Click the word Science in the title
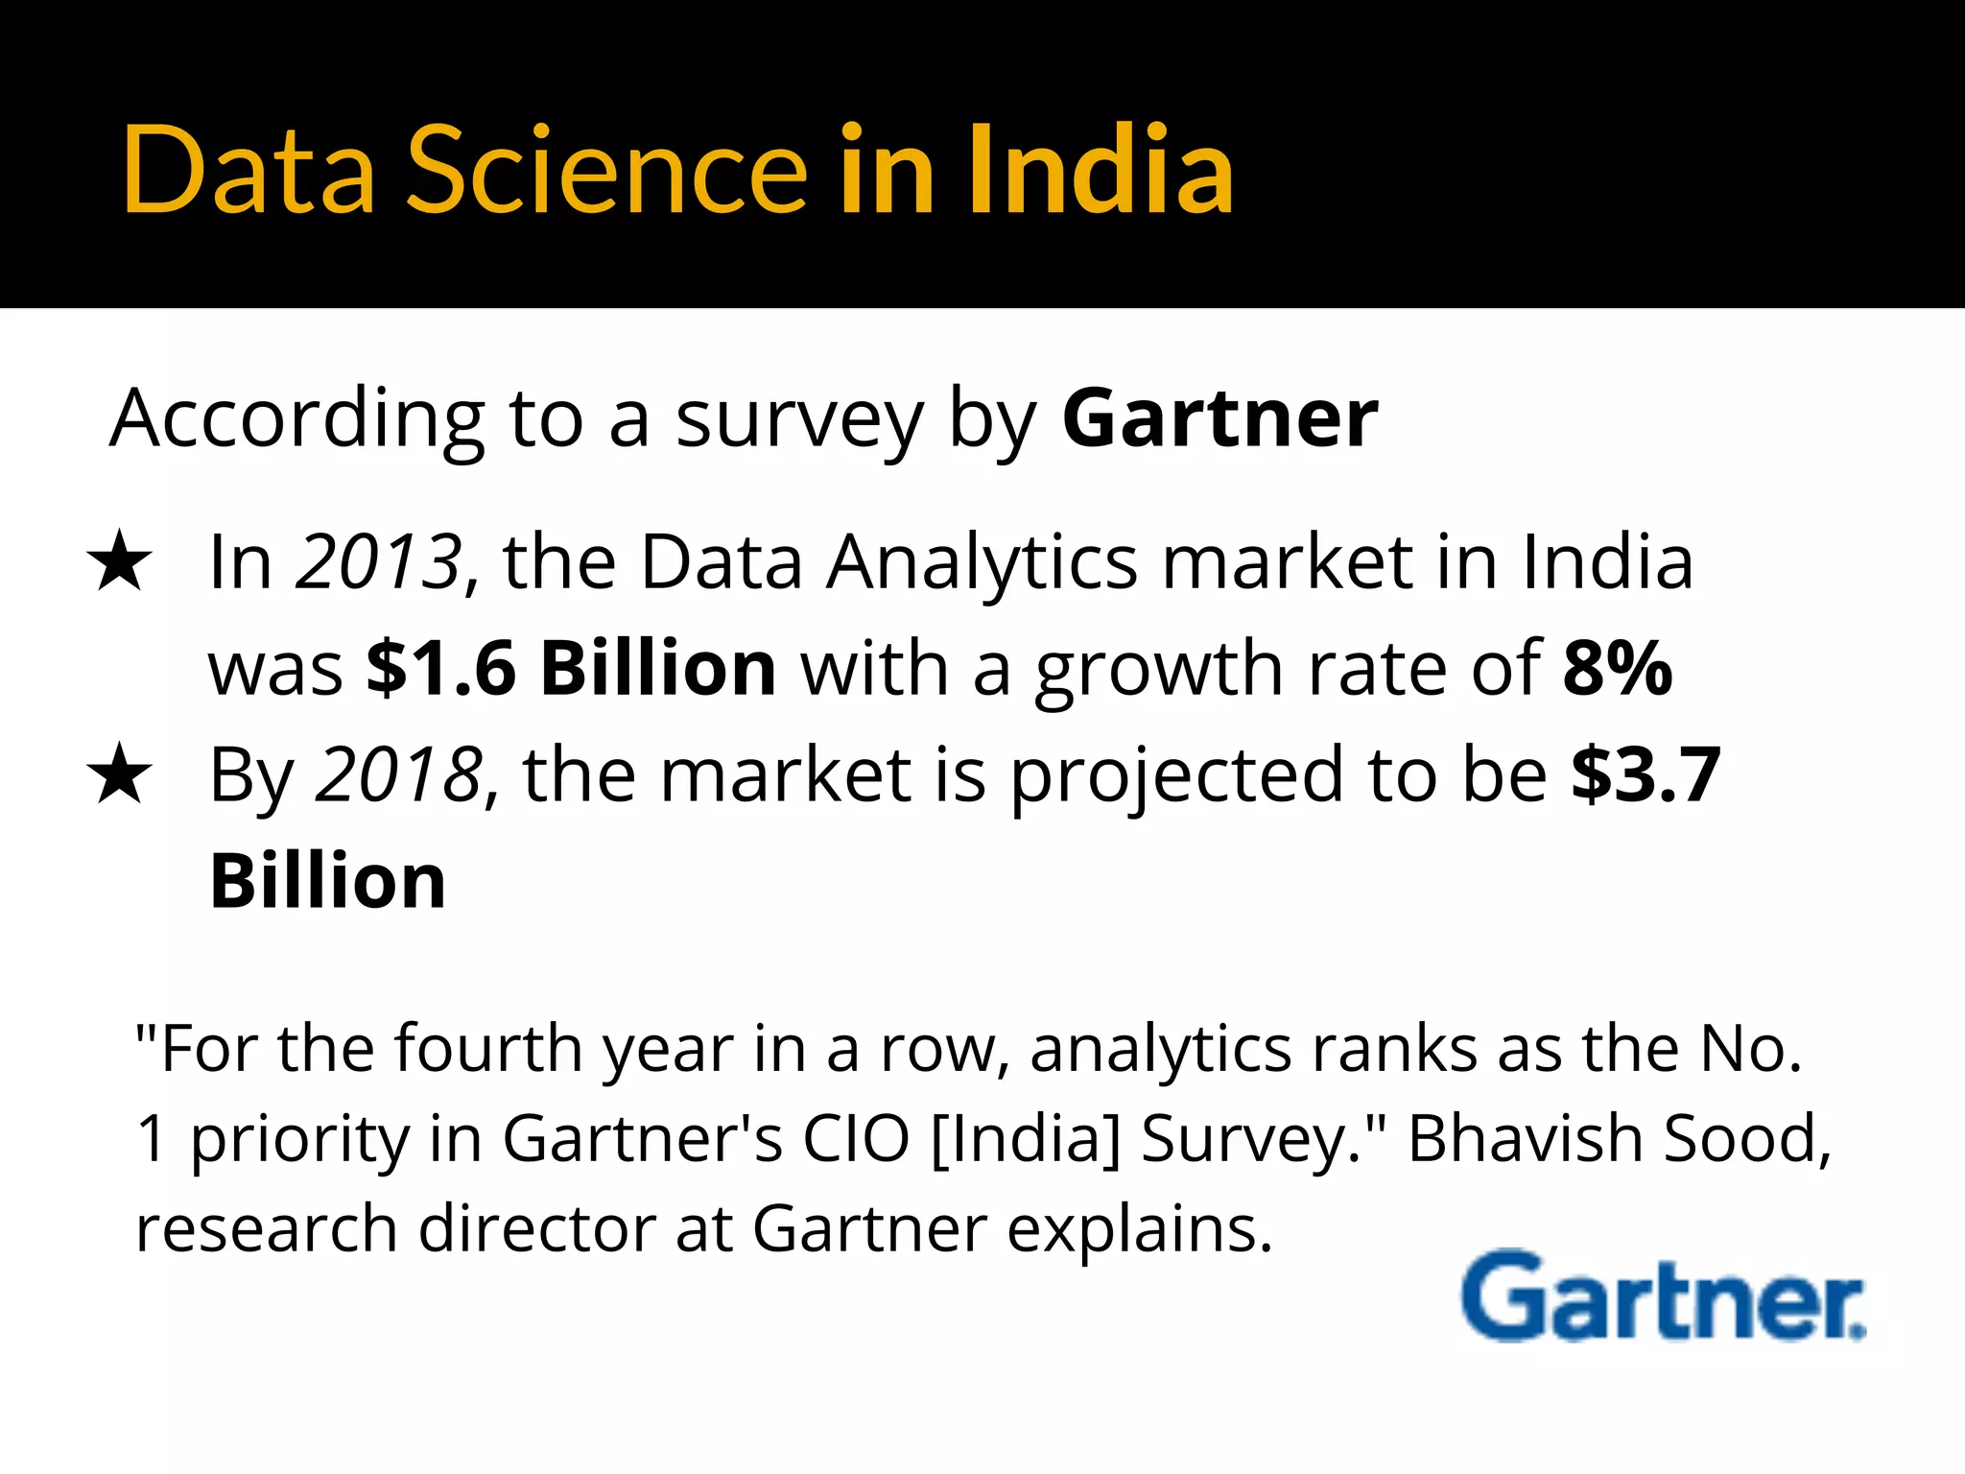(607, 171)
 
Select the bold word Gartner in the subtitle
(1219, 419)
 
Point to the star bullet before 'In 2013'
(119, 562)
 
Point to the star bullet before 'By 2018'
(119, 776)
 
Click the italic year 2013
(379, 561)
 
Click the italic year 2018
(398, 774)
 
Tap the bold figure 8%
(1618, 668)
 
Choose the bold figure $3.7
(1645, 774)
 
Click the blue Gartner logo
(1663, 1297)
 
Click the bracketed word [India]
(1025, 1140)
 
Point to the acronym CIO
(856, 1139)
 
